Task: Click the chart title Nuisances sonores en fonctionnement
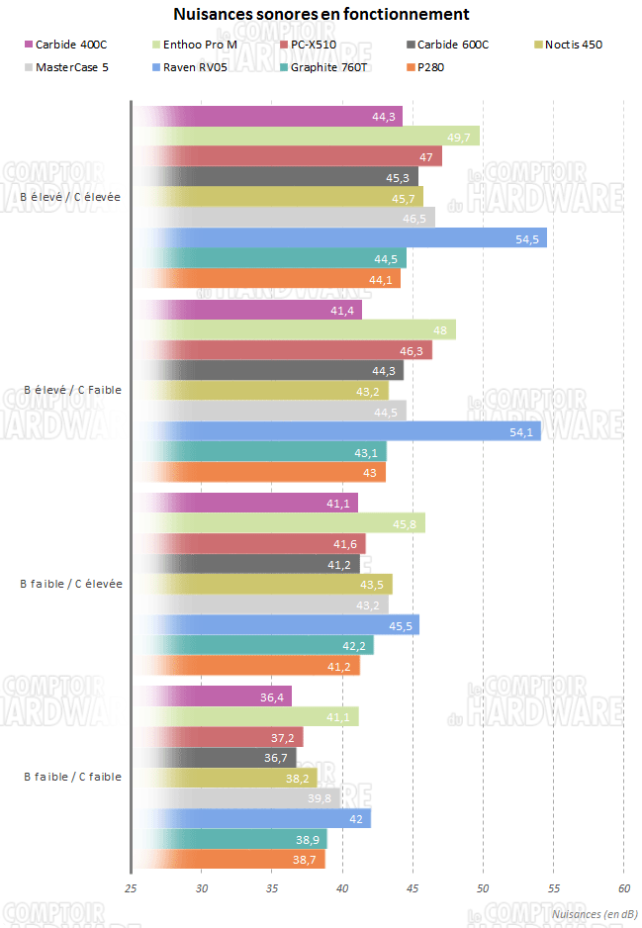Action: pos(321,14)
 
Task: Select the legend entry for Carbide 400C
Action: pos(70,45)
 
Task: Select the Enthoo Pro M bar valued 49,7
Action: pos(307,137)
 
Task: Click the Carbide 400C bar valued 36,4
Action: pos(213,696)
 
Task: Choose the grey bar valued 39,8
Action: pos(236,798)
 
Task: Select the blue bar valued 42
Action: pos(252,818)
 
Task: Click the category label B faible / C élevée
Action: pos(71,584)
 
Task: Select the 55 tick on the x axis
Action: pos(553,888)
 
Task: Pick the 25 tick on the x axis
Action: pos(130,888)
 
